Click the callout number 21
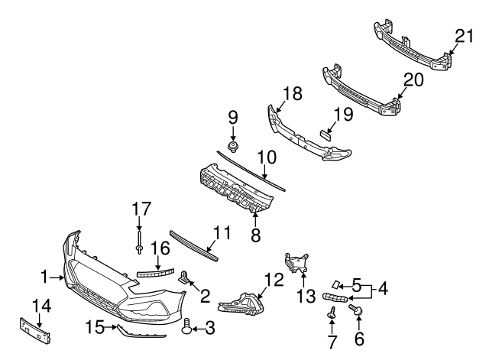(465, 35)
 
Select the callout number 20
(413, 79)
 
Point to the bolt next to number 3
(187, 328)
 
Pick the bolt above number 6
(355, 309)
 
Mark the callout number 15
(95, 328)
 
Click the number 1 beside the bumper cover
(45, 275)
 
